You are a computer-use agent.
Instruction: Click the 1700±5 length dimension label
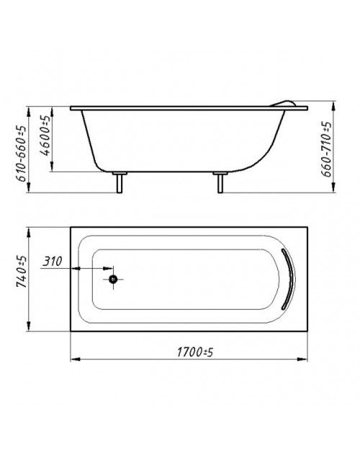tap(195, 352)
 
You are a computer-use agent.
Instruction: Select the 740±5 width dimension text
tap(22, 272)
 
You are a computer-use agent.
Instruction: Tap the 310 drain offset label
tap(53, 261)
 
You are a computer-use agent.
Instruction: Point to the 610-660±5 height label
tap(22, 153)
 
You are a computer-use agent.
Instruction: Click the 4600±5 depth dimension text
tap(45, 135)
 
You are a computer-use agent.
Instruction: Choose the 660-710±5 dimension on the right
tap(326, 149)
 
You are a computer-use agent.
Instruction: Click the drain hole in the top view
tap(113, 280)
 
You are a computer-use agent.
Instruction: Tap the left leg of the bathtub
tap(120, 182)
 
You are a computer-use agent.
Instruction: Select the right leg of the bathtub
tap(220, 182)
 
